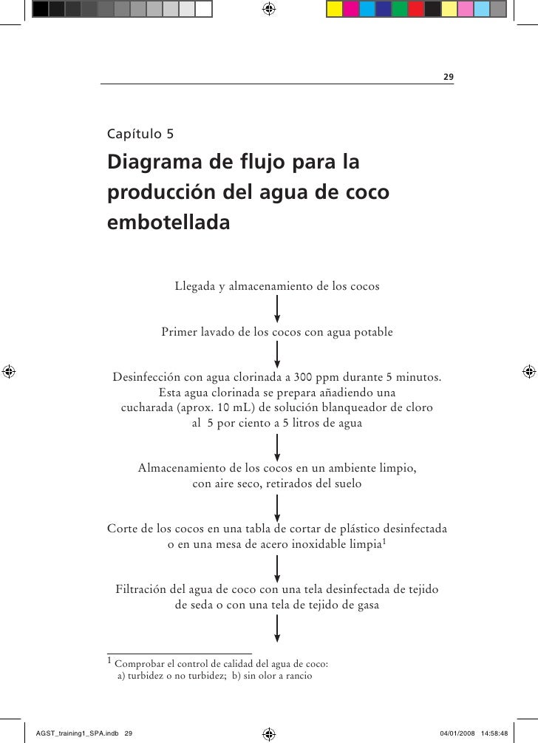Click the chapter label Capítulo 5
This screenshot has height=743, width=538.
(140, 135)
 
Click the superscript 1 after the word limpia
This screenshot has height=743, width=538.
(387, 543)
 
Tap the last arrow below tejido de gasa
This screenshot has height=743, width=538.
(277, 628)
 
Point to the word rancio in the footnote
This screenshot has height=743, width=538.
(297, 676)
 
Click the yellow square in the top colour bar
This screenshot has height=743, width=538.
(334, 9)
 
